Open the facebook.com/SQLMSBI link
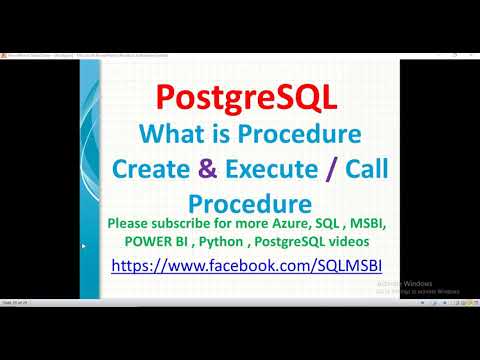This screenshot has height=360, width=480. point(248,267)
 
